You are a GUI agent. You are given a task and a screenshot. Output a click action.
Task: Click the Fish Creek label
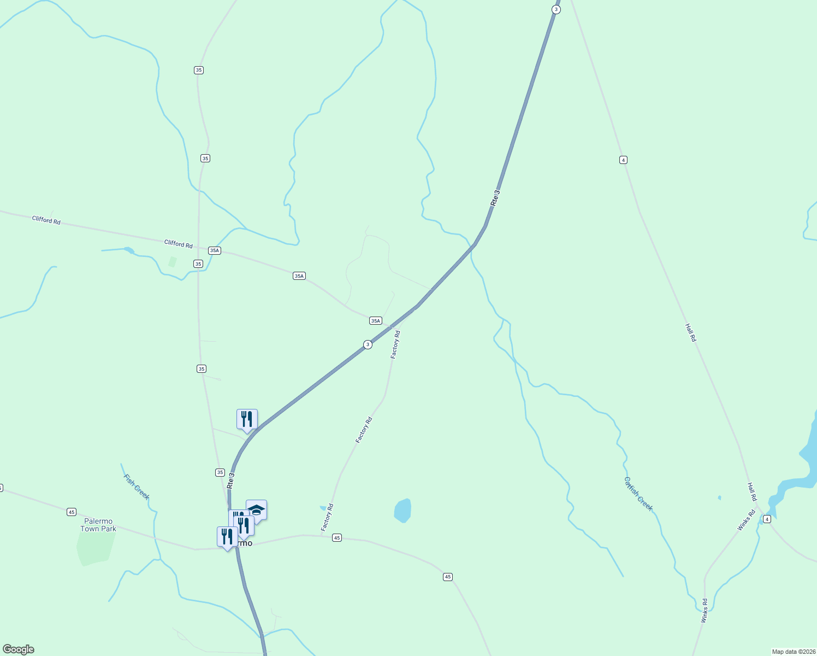point(136,487)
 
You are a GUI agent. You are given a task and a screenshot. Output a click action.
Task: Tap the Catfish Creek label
point(638,494)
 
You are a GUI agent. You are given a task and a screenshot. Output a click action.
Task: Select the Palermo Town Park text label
point(98,525)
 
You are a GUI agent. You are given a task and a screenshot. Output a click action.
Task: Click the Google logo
point(18,649)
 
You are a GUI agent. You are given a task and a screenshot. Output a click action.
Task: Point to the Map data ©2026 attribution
point(793,652)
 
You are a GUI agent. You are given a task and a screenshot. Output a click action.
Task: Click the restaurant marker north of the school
point(247,419)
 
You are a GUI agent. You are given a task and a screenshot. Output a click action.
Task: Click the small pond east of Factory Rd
point(402,511)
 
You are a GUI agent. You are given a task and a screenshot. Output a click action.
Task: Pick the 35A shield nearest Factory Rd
point(375,321)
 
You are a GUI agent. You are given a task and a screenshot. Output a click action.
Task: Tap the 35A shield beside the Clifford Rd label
point(214,250)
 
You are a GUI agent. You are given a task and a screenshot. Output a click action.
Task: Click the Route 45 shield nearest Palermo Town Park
point(72,512)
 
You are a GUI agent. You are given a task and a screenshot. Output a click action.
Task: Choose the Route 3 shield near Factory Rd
point(368,344)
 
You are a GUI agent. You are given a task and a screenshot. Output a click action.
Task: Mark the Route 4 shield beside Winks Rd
point(767,519)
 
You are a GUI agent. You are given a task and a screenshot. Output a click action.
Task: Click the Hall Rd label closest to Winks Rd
point(752,491)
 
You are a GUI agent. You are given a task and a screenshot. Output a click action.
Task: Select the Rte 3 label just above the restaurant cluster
point(231,481)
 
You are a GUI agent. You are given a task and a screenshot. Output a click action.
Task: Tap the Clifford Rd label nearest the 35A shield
point(179,244)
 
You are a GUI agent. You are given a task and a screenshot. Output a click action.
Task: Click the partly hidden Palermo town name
point(245,543)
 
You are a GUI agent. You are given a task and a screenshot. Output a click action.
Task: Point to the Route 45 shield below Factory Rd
point(337,538)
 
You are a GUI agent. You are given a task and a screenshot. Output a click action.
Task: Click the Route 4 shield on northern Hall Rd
point(623,160)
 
